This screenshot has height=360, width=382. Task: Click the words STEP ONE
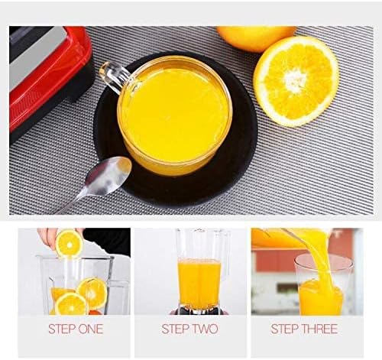coord(76,329)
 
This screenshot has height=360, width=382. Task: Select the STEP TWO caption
coord(190,329)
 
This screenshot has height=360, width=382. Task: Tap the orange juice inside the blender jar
coord(199,281)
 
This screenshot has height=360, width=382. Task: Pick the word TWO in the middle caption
coord(206,329)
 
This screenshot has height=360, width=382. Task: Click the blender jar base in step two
coord(199,310)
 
